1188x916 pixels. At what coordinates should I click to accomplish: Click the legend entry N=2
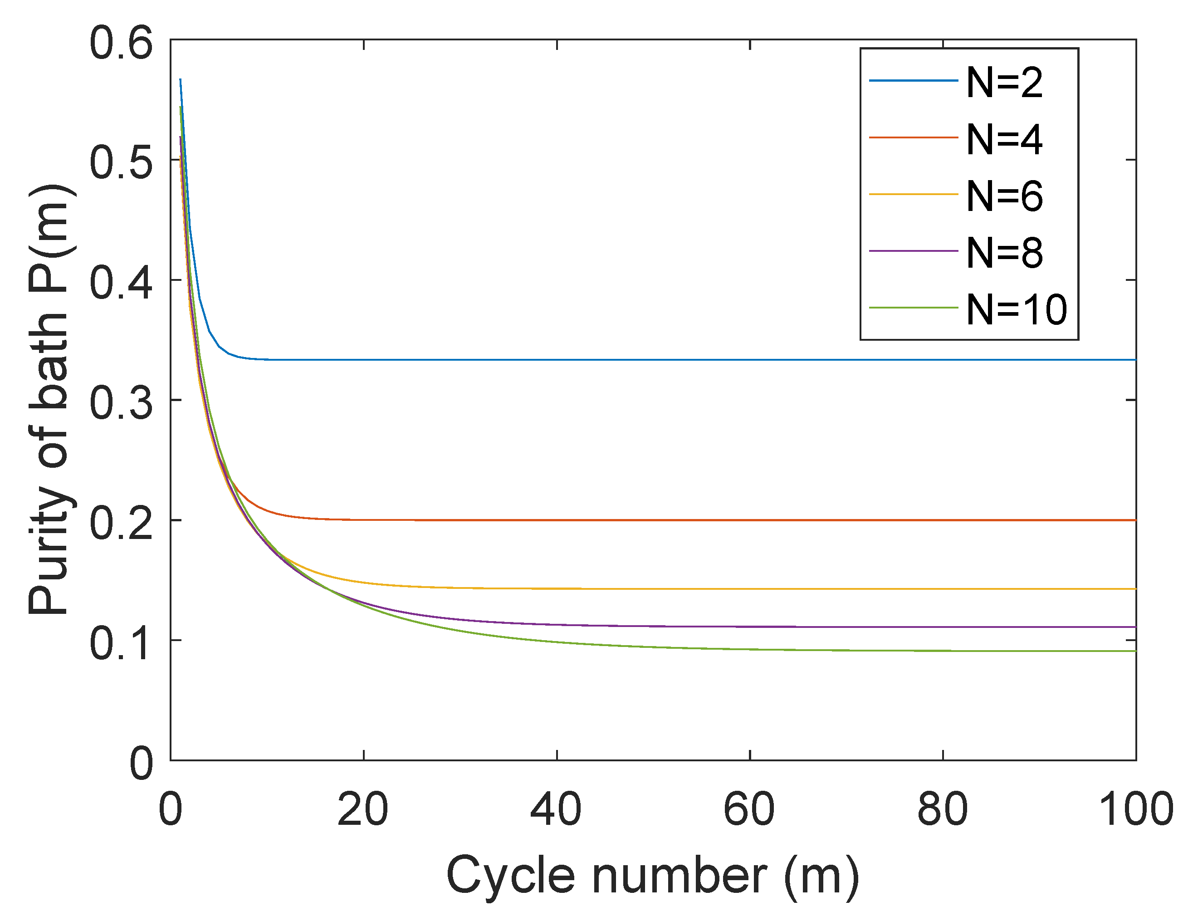pyautogui.click(x=1004, y=83)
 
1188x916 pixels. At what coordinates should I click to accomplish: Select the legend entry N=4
pyautogui.click(x=1004, y=140)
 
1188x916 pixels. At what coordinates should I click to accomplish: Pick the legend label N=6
pyautogui.click(x=1004, y=196)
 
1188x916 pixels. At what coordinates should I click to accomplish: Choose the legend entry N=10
pyautogui.click(x=1016, y=310)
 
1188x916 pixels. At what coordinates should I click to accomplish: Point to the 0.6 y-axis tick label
pyautogui.click(x=121, y=43)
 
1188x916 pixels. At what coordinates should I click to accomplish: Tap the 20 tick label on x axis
pyautogui.click(x=363, y=810)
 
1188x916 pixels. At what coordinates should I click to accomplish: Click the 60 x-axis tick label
pyautogui.click(x=749, y=810)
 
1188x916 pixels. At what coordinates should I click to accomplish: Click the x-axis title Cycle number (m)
pyautogui.click(x=653, y=876)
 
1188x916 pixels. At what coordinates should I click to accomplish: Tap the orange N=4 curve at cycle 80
pyautogui.click(x=943, y=520)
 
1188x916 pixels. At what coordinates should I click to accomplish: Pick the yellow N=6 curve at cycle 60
pyautogui.click(x=749, y=589)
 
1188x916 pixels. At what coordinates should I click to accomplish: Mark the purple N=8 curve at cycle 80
pyautogui.click(x=943, y=627)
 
